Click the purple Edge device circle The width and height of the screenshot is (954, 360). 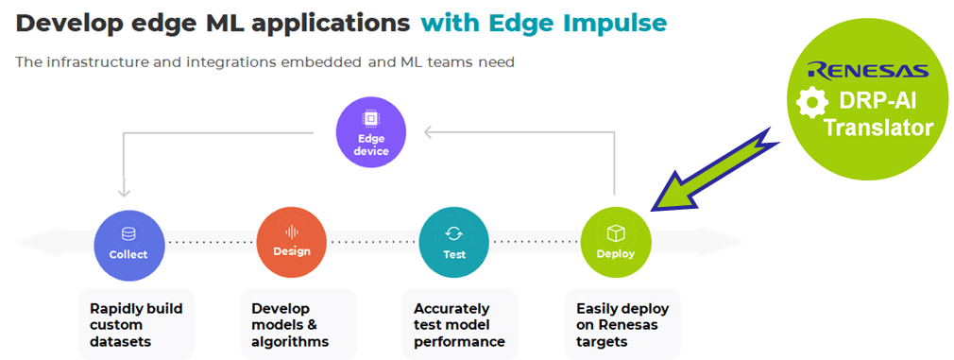click(371, 132)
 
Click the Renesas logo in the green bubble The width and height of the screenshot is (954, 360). click(868, 70)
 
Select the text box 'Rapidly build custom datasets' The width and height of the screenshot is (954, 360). click(136, 325)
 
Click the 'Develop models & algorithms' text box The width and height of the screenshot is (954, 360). click(298, 325)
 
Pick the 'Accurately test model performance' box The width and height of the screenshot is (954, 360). click(461, 325)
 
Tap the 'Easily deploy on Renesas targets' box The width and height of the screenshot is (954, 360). click(622, 325)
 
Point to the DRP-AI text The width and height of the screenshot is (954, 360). click(877, 102)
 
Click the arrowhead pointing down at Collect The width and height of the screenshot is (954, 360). click(124, 192)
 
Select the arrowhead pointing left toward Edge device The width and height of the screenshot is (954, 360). click(429, 132)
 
